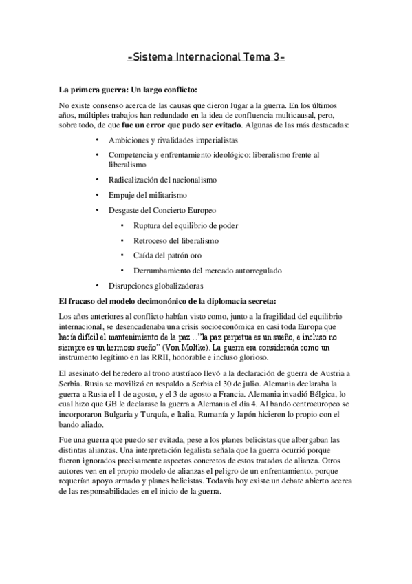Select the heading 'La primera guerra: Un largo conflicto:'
pos(129,90)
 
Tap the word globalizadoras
pos(177,286)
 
